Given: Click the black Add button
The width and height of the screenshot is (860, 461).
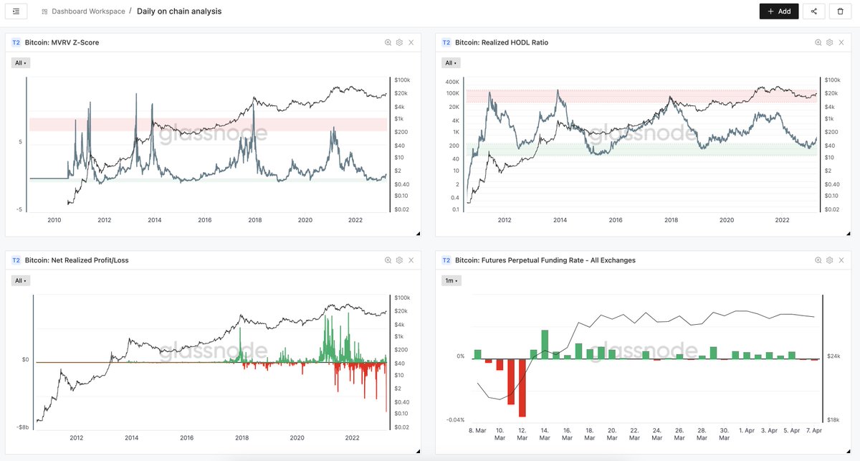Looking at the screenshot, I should [778, 11].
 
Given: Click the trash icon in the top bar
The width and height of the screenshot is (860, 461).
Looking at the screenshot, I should [840, 11].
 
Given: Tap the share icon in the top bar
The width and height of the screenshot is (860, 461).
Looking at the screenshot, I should [813, 11].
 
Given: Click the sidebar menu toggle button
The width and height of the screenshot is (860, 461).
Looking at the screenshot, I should [16, 11].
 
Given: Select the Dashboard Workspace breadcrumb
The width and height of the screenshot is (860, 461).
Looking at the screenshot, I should [88, 12].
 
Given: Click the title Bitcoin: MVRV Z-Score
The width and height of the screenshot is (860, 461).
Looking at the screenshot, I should [62, 43].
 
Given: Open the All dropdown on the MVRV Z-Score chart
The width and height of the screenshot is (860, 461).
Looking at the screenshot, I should [21, 63].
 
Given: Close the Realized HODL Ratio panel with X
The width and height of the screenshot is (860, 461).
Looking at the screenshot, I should [841, 43].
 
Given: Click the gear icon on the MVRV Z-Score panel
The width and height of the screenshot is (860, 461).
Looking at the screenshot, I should [399, 43].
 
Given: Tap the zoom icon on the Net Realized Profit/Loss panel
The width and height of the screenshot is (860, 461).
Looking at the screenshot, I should [388, 260].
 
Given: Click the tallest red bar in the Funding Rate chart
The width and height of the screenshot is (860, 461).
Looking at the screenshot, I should [522, 387].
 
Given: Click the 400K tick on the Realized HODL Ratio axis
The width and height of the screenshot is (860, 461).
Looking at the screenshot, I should [453, 81].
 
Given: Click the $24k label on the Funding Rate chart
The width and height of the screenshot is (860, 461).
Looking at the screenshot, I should [833, 356].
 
